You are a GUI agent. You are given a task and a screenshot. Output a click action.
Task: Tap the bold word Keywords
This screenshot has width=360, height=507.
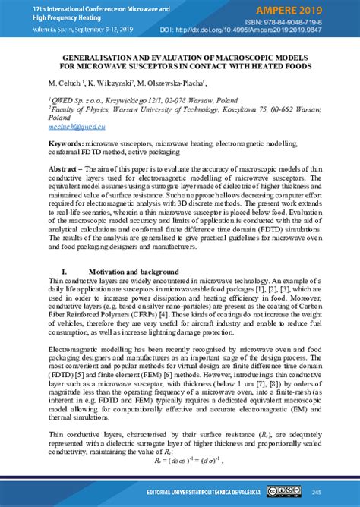[66, 143]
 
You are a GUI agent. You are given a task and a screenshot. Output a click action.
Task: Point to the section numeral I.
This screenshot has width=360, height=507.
[65, 271]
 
